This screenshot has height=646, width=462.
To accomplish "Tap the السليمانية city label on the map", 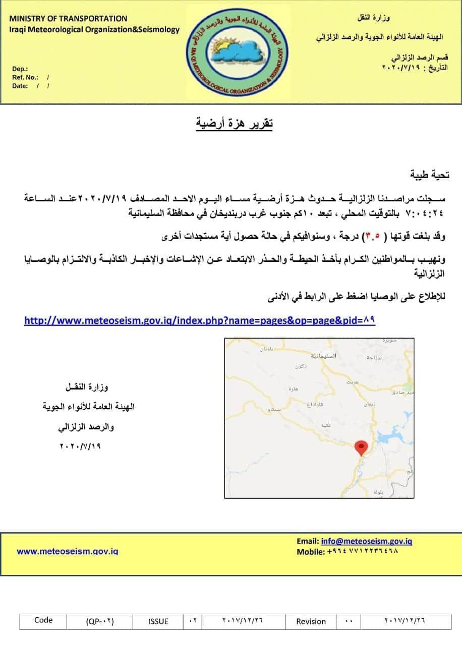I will [322, 356].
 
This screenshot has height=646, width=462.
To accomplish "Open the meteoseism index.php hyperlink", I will [200, 320].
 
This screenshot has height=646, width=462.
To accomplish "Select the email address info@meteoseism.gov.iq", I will [367, 541].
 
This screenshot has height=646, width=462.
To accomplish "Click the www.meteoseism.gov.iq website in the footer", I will [68, 551].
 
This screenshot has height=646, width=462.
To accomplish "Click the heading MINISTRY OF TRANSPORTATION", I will [68, 18].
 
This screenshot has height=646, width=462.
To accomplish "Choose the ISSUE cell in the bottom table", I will [158, 621].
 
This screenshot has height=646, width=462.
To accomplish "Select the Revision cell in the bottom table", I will [311, 621].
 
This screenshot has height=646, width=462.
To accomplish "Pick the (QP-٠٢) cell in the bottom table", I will [100, 621].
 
